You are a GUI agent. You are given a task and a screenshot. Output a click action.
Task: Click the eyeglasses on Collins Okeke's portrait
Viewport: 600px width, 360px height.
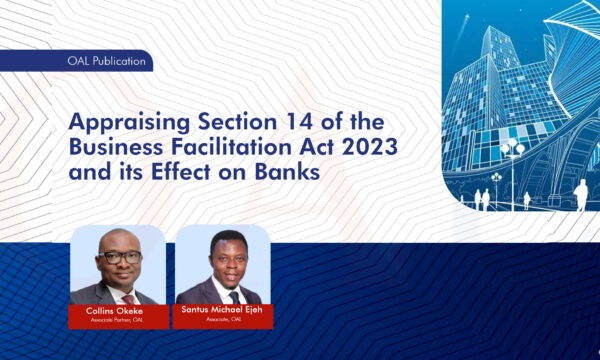click(x=120, y=257)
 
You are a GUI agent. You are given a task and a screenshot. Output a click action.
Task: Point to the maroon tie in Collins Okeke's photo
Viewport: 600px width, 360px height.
click(x=127, y=297)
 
